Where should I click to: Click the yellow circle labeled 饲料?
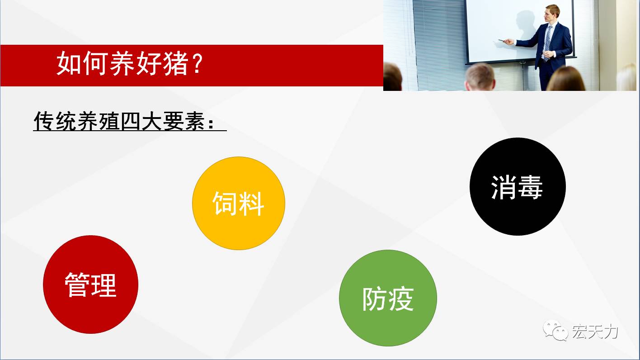[x=239, y=204]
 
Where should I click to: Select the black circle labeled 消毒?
[x=518, y=186]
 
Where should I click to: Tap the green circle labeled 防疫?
[x=388, y=298]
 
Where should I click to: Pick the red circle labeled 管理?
[x=90, y=284]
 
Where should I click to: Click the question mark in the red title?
[x=198, y=63]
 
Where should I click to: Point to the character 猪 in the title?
[x=176, y=63]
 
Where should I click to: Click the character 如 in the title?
[x=69, y=63]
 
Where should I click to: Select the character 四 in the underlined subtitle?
[x=130, y=121]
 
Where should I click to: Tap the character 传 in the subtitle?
[x=44, y=121]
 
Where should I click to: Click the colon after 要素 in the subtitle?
[x=211, y=123]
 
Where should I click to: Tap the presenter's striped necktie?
[x=547, y=43]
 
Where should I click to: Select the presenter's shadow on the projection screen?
[x=526, y=27]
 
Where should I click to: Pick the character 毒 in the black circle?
[x=531, y=187]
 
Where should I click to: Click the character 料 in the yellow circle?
[x=251, y=204]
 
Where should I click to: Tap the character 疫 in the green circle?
[x=401, y=299]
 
